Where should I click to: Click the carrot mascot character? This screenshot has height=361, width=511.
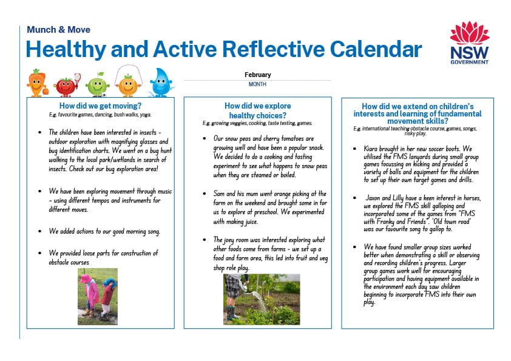pyautogui.click(x=37, y=83)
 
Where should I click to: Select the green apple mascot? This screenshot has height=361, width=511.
pyautogui.click(x=97, y=84)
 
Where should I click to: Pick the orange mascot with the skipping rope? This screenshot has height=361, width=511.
pyautogui.click(x=128, y=84)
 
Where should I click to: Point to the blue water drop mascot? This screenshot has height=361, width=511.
pyautogui.click(x=161, y=83)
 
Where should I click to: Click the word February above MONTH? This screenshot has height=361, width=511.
pyautogui.click(x=257, y=75)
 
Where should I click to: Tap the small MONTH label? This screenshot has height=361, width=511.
pyautogui.click(x=257, y=84)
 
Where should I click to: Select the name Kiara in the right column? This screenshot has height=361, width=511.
pyautogui.click(x=372, y=147)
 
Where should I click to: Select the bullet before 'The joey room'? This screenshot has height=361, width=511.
pyautogui.click(x=204, y=240)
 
